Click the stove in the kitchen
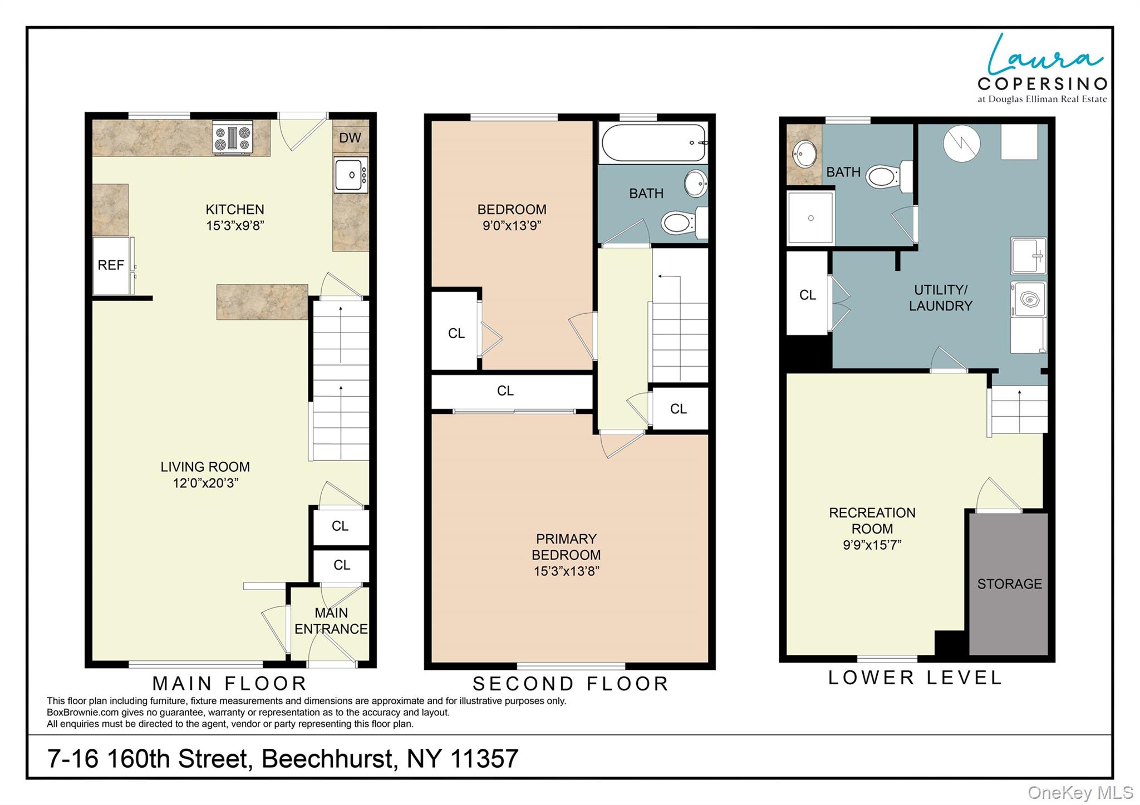[x=233, y=137]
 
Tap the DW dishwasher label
[x=350, y=138]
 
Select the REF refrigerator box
[x=111, y=265]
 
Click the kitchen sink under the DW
[x=350, y=175]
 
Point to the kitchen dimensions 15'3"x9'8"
[x=234, y=226]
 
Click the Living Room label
[x=205, y=467]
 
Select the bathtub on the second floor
[x=653, y=143]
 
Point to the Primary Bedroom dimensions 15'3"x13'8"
[x=566, y=571]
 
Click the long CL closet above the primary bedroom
[x=505, y=391]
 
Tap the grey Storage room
[x=1009, y=584]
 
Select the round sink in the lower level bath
[x=804, y=154]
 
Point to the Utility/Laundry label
[x=940, y=298]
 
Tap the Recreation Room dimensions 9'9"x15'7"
[x=872, y=545]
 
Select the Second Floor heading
[x=570, y=684]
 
